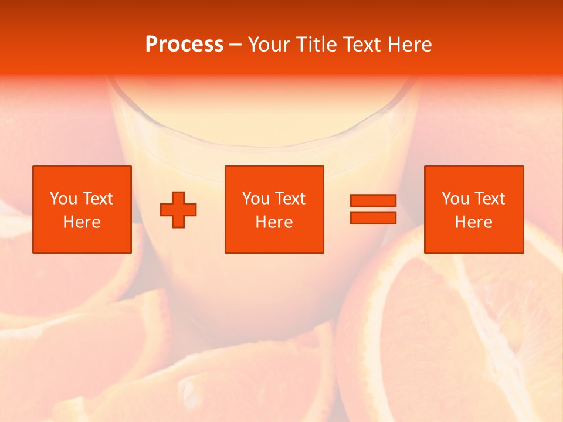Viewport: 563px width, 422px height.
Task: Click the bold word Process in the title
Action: click(184, 44)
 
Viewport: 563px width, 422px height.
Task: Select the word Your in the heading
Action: click(270, 44)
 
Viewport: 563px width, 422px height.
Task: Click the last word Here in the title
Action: click(410, 44)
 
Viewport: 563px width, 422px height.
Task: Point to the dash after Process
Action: click(235, 45)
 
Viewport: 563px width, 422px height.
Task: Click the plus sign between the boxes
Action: click(178, 210)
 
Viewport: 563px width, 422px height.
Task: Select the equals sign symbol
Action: click(373, 209)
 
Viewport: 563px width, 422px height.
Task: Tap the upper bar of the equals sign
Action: click(373, 201)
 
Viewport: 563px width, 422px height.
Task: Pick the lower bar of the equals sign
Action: click(373, 217)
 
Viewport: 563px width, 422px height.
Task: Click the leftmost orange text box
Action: click(82, 209)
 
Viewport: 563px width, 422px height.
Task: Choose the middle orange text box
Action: click(274, 209)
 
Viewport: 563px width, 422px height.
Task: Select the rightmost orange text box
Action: click(474, 209)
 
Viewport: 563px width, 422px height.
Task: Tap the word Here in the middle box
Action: click(274, 222)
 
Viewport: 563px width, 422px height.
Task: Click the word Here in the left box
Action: click(82, 222)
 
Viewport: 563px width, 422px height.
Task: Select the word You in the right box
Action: click(456, 199)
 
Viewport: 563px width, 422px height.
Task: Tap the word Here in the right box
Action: click(474, 222)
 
